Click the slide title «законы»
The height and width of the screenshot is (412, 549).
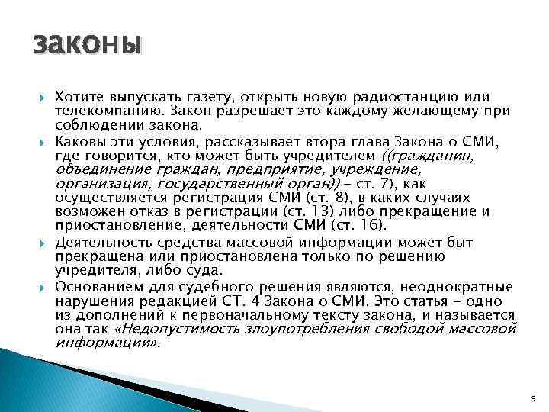[x=88, y=44]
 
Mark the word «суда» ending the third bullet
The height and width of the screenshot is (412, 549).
[x=205, y=270]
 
